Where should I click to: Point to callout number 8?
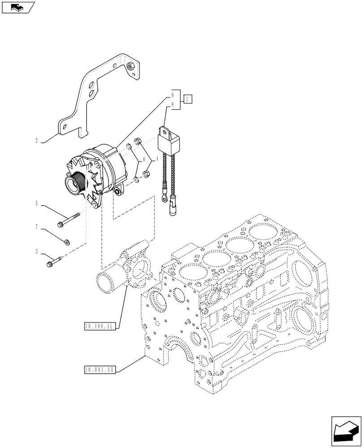(x=172, y=104)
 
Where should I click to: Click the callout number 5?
(x=36, y=204)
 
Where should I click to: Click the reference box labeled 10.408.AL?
(x=100, y=327)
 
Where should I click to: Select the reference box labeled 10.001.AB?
(x=100, y=370)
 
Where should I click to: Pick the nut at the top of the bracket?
(x=130, y=67)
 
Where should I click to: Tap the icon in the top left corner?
(x=17, y=7)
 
